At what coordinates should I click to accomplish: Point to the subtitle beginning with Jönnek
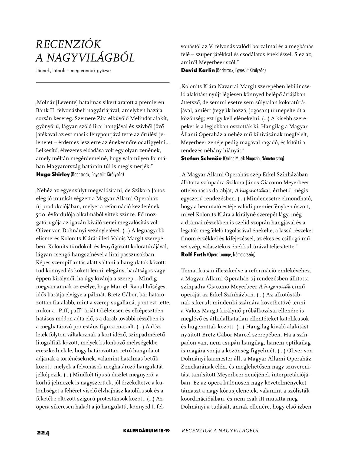(73, 71)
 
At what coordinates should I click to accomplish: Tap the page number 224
(43, 433)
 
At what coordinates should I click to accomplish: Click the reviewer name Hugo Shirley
(53, 174)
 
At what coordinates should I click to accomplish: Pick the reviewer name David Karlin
(198, 71)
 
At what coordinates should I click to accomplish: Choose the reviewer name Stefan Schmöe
(201, 159)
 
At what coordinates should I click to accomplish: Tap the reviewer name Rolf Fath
(193, 255)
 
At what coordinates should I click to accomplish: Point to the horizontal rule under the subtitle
(103, 82)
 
